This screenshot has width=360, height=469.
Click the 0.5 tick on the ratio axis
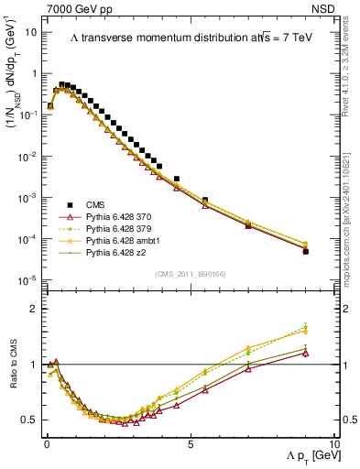(x=29, y=420)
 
